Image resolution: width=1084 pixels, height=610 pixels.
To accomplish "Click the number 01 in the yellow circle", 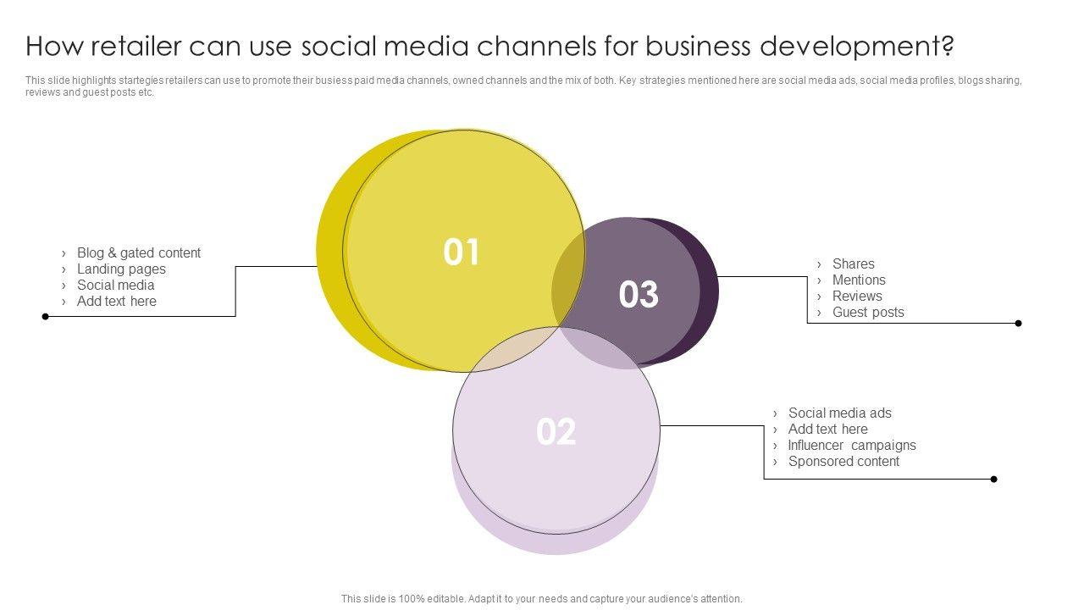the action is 462,252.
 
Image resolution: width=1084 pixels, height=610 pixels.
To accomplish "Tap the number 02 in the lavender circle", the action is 556,432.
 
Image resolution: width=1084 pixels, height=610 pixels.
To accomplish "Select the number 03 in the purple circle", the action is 639,295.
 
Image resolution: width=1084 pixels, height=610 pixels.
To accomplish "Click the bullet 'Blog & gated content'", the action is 138,252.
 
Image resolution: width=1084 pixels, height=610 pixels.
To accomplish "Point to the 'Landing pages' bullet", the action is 121,269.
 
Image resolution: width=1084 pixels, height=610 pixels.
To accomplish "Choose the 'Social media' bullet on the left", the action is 115,285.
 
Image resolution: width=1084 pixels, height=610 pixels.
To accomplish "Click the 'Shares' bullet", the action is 853,263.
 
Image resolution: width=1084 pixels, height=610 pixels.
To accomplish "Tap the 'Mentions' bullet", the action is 859,280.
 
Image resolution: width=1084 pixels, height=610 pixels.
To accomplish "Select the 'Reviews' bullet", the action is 857,296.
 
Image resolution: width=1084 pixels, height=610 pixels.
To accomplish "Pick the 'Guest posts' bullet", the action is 868,312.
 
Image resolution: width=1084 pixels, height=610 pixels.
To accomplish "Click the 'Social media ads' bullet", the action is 839,413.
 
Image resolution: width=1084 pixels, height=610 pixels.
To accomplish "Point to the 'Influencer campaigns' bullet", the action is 851,445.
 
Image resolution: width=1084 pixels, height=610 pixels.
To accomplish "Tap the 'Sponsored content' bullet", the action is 843,461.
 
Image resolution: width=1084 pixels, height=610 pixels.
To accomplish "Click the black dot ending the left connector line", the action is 46,317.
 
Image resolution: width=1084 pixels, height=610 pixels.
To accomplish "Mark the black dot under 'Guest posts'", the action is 1018,323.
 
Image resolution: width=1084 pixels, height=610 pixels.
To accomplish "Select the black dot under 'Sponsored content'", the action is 993,480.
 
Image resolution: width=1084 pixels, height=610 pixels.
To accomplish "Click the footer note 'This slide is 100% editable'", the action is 541,599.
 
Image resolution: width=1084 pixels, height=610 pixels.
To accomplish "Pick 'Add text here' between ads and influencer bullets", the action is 827,429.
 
